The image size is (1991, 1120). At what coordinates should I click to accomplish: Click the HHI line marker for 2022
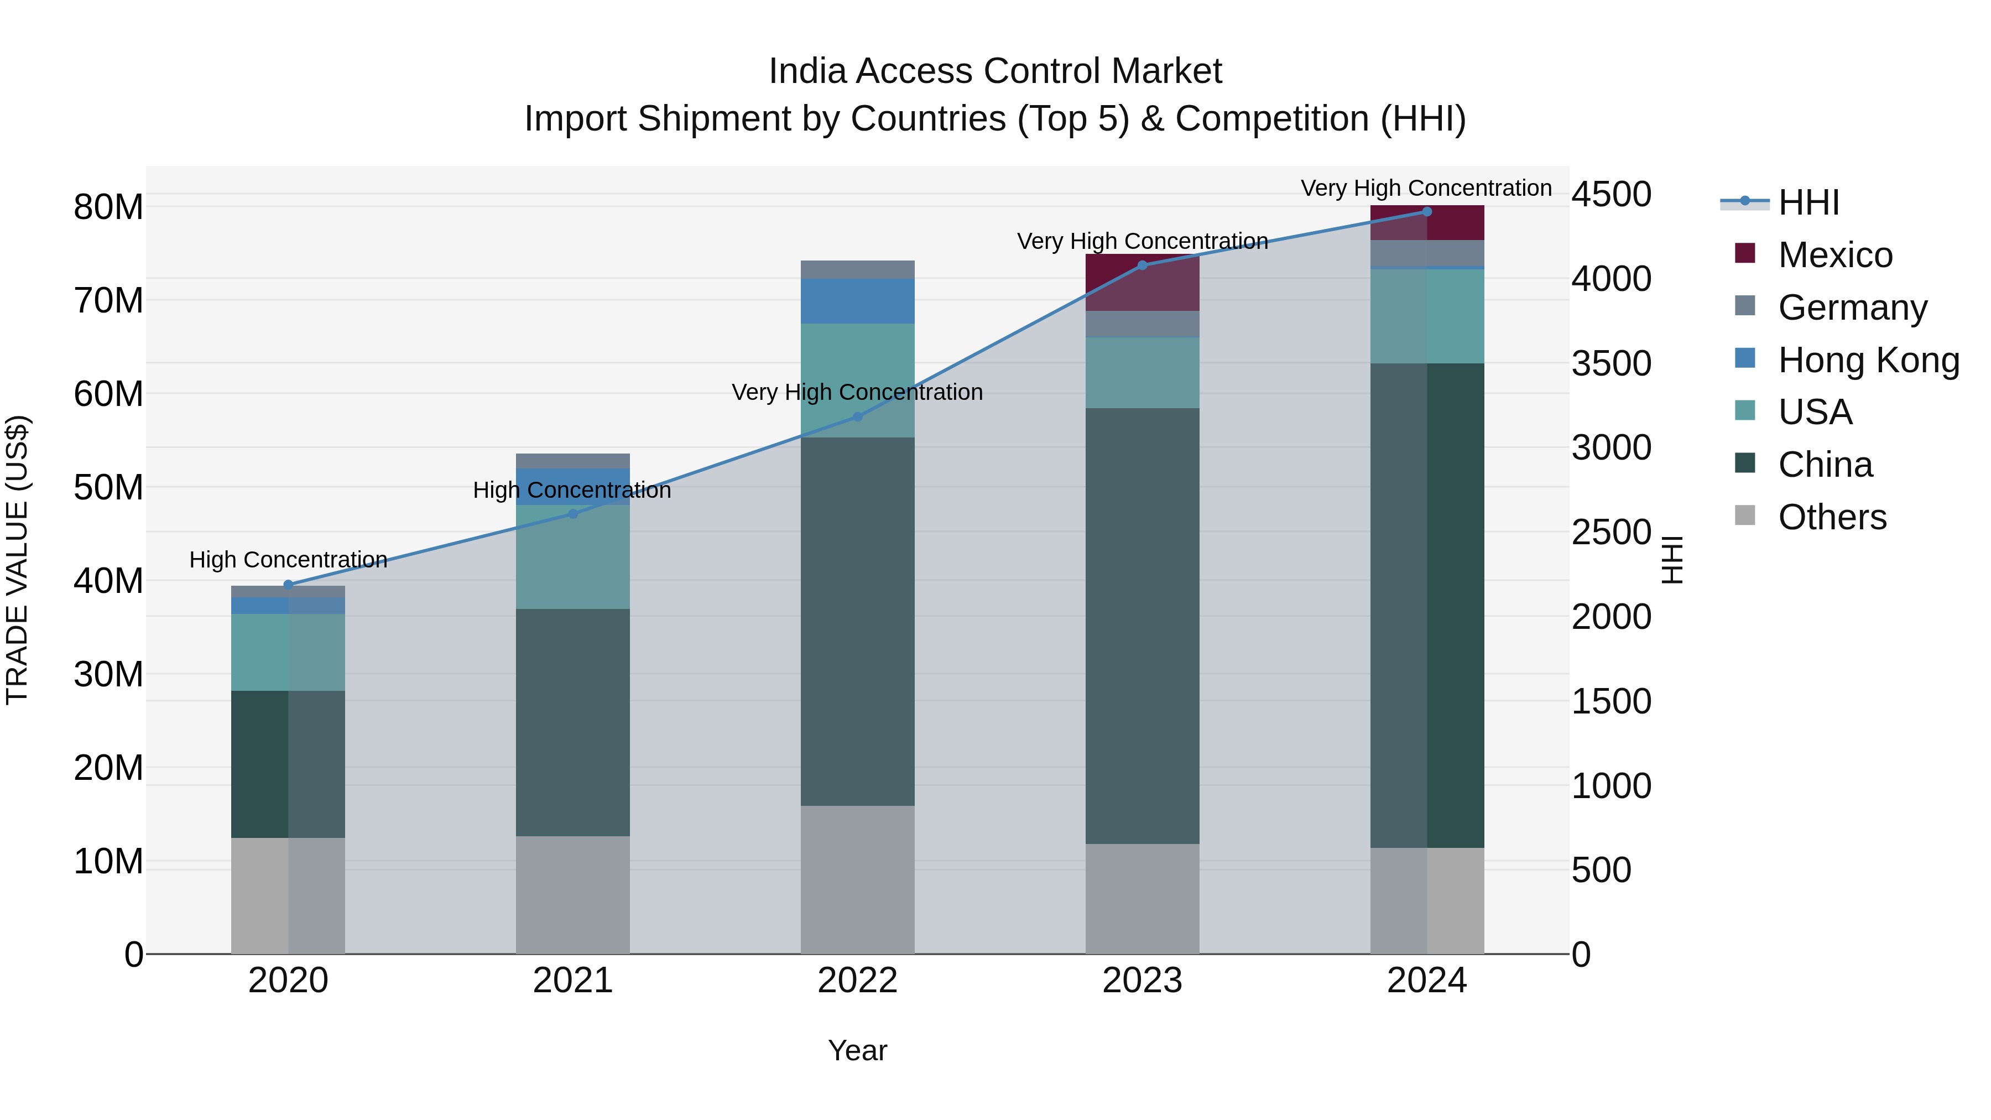[857, 416]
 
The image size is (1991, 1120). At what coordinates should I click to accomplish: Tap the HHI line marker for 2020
[288, 585]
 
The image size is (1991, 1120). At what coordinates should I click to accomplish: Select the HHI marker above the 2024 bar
[1427, 212]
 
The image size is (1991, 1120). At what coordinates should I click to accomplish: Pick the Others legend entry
[1832, 517]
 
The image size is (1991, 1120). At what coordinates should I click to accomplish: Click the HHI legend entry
[1808, 202]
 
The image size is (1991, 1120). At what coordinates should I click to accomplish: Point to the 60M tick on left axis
[108, 394]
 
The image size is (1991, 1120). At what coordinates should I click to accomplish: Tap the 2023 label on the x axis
[1142, 981]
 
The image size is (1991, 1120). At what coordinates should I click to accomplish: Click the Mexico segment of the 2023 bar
[1142, 283]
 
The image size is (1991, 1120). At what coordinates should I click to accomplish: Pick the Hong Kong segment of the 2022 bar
[857, 301]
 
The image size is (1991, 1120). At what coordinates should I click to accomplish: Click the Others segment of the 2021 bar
[573, 895]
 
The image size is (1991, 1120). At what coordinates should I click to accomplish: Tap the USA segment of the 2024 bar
[1427, 317]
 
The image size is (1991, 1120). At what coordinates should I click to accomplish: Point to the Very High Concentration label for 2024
[1426, 188]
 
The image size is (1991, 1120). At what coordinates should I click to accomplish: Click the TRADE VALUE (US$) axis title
[17, 560]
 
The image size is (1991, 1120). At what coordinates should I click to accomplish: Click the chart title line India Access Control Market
[995, 71]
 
